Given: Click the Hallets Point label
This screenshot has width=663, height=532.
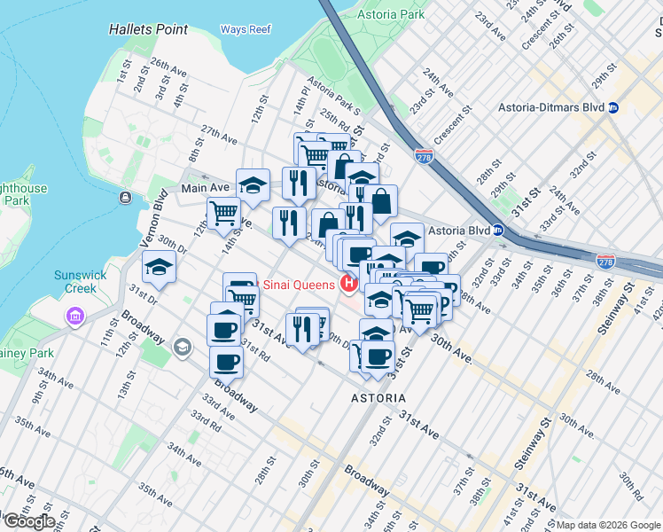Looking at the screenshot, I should click(x=148, y=29).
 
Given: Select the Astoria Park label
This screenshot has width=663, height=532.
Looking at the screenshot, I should click(x=391, y=15).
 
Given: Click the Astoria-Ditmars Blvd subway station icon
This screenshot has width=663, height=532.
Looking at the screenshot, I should click(x=613, y=107).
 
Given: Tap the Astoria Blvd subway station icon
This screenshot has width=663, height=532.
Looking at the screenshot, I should click(x=499, y=231).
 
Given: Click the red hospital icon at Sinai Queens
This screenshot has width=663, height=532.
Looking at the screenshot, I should click(x=349, y=284).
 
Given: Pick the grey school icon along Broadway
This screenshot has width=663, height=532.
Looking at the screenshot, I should click(x=183, y=346).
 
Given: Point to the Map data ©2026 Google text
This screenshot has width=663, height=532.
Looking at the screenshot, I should click(x=608, y=525).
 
